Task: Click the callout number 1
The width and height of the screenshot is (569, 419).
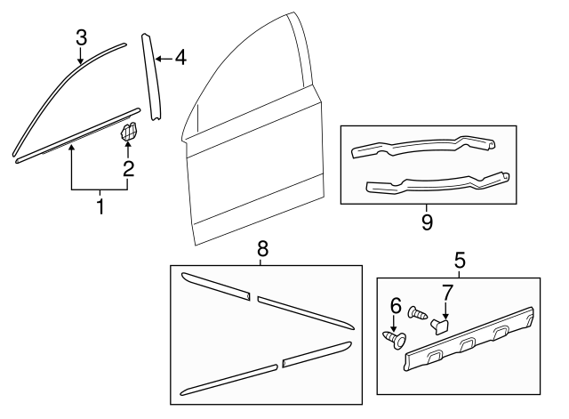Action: click(100, 206)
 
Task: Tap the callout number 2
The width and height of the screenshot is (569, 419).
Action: click(128, 168)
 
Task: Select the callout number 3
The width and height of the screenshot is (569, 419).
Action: click(82, 37)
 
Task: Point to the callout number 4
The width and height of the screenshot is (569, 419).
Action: click(180, 58)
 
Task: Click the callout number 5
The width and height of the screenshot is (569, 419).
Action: click(460, 261)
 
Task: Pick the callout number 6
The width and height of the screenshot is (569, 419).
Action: click(396, 306)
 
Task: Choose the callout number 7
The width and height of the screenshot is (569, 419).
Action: click(447, 293)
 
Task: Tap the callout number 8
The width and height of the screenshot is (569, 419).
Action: click(262, 249)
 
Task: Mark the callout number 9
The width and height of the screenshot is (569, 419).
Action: click(427, 222)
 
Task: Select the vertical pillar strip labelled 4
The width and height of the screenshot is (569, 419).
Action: click(151, 77)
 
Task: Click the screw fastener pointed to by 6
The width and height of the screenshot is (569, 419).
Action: click(395, 340)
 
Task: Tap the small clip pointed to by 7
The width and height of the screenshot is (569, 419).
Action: click(440, 326)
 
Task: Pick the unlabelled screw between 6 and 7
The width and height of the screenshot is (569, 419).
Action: click(418, 313)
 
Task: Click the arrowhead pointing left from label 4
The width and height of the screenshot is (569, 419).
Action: click(158, 59)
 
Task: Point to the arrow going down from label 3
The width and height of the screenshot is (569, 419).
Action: click(80, 56)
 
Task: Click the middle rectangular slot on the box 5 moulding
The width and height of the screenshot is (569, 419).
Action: click(469, 344)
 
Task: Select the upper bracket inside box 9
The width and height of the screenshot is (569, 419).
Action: click(423, 147)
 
